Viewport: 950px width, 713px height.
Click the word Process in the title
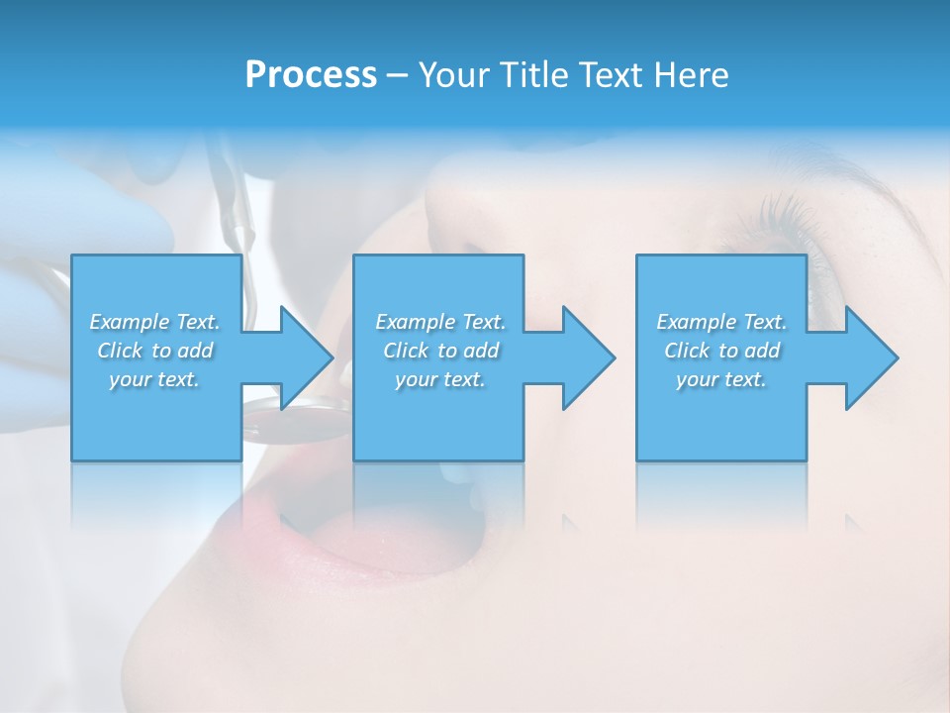pyautogui.click(x=311, y=75)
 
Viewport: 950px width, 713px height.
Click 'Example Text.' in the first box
pyautogui.click(x=154, y=322)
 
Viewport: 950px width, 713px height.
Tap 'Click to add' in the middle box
pyautogui.click(x=440, y=351)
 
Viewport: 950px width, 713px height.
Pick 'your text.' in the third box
pyautogui.click(x=721, y=379)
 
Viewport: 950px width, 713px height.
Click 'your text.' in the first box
pyautogui.click(x=154, y=379)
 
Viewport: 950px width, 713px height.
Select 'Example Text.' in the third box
pyautogui.click(x=721, y=322)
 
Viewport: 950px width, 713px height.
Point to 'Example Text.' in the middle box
pyautogui.click(x=440, y=322)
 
